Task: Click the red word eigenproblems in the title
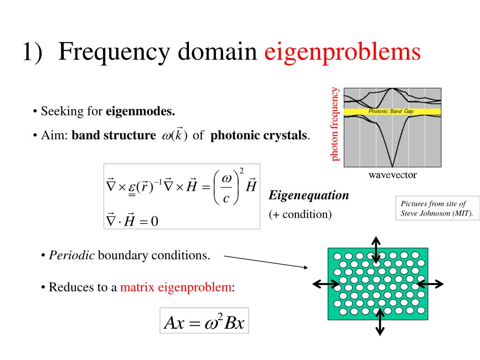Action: (x=342, y=53)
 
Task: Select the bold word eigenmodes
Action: (x=140, y=112)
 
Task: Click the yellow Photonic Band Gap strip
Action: (x=392, y=112)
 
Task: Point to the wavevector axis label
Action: (x=392, y=175)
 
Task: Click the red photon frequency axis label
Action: (x=335, y=124)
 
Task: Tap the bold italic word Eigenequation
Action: (x=309, y=195)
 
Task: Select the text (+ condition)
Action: (x=300, y=214)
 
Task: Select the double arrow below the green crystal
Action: (x=380, y=321)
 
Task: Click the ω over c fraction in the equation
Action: (x=226, y=189)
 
